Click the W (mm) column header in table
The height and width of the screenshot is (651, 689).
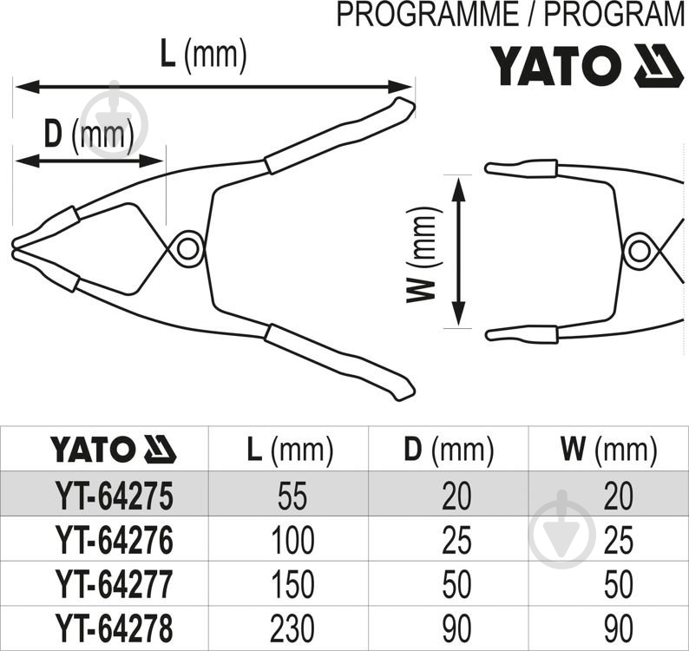tap(607, 450)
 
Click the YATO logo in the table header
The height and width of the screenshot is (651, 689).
tap(113, 450)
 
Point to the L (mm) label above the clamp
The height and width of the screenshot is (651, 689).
tap(204, 56)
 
